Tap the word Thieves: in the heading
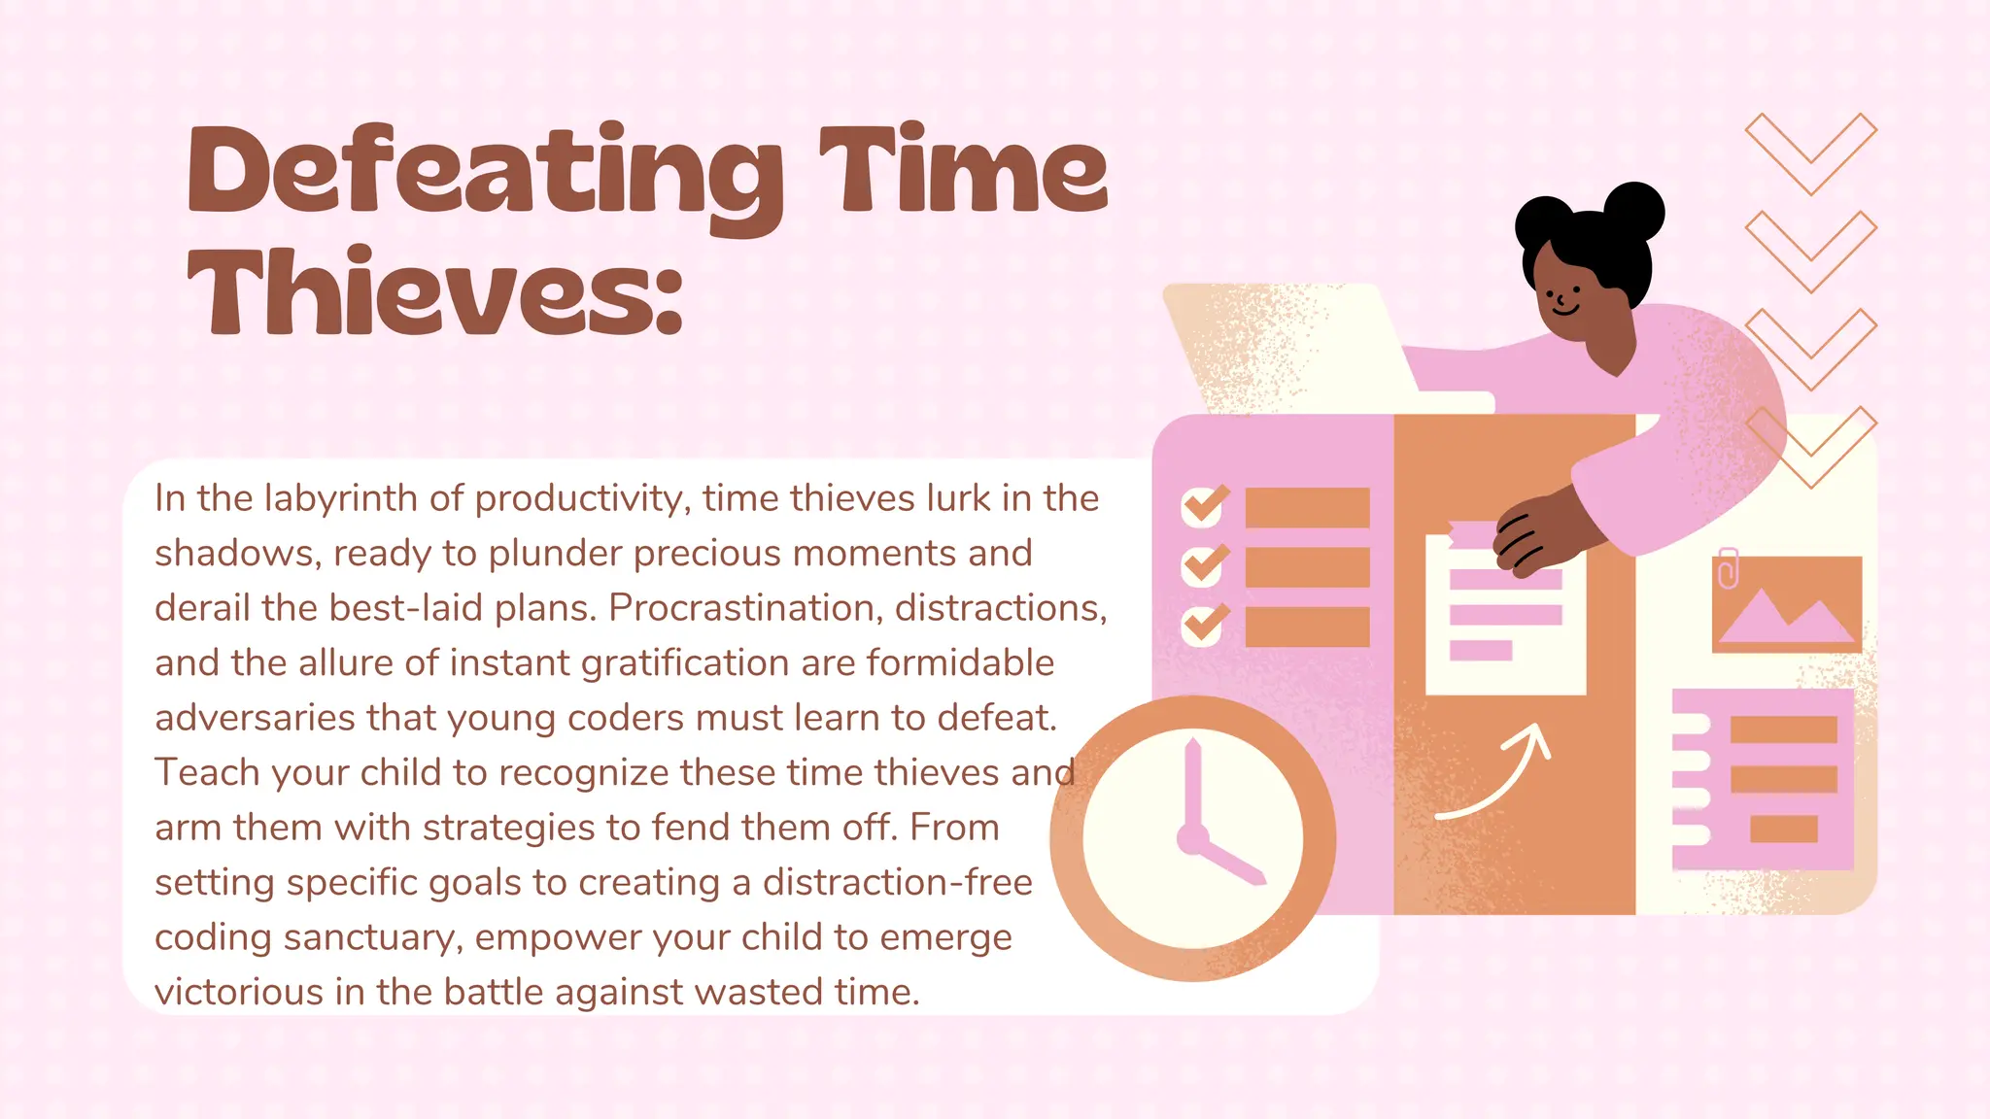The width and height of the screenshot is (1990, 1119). (x=434, y=291)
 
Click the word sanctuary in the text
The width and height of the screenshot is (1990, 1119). (x=371, y=938)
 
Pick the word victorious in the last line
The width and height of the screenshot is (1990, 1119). (x=239, y=993)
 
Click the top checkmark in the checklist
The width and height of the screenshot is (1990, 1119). (x=1203, y=506)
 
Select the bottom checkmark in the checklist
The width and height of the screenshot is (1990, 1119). (x=1203, y=625)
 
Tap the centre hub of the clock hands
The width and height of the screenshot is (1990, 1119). (x=1193, y=838)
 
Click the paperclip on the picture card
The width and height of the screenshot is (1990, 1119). (x=1727, y=568)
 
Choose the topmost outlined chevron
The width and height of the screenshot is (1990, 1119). (x=1810, y=153)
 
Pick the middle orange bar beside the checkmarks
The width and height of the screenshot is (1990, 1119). (x=1307, y=567)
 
